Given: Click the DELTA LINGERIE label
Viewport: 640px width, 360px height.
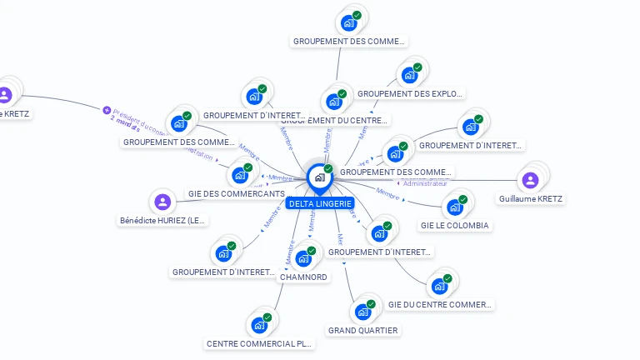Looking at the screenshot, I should pyautogui.click(x=320, y=203).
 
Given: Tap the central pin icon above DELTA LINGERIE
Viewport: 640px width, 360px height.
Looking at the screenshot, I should pyautogui.click(x=319, y=177).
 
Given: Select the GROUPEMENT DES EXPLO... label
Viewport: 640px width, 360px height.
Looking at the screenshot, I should pyautogui.click(x=410, y=94).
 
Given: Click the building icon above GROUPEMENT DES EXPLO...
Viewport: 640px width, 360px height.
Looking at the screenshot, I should pyautogui.click(x=409, y=75).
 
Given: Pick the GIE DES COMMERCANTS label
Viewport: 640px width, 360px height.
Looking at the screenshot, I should pyautogui.click(x=236, y=194).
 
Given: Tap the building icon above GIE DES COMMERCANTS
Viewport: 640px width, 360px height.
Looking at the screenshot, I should pyautogui.click(x=240, y=175).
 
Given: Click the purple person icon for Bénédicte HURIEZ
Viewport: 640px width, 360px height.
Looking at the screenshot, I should pyautogui.click(x=162, y=202).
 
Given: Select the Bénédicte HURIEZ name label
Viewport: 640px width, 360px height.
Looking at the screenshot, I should pyautogui.click(x=162, y=221).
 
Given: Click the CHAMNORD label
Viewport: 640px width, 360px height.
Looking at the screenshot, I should pyautogui.click(x=303, y=277).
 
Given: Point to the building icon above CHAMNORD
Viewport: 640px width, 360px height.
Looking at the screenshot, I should pyautogui.click(x=303, y=258).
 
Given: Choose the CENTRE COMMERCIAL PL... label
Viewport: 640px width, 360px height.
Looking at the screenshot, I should pyautogui.click(x=260, y=343).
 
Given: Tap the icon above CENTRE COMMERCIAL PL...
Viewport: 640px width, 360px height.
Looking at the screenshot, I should pyautogui.click(x=260, y=325).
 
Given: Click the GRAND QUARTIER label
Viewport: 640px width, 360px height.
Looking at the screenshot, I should pyautogui.click(x=362, y=330).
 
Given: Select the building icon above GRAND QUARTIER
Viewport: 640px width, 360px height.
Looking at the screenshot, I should pyautogui.click(x=362, y=312).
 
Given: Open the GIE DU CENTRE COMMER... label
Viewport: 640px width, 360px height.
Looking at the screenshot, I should pyautogui.click(x=440, y=305).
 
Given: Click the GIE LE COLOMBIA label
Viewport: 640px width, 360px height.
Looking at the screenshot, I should pyautogui.click(x=455, y=225).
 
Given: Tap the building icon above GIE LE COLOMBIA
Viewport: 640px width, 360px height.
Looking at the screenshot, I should pyautogui.click(x=455, y=207).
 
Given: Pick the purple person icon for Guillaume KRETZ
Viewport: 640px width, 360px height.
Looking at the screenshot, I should pyautogui.click(x=530, y=180).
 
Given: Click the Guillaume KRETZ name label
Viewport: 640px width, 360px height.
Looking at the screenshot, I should pyautogui.click(x=530, y=199).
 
